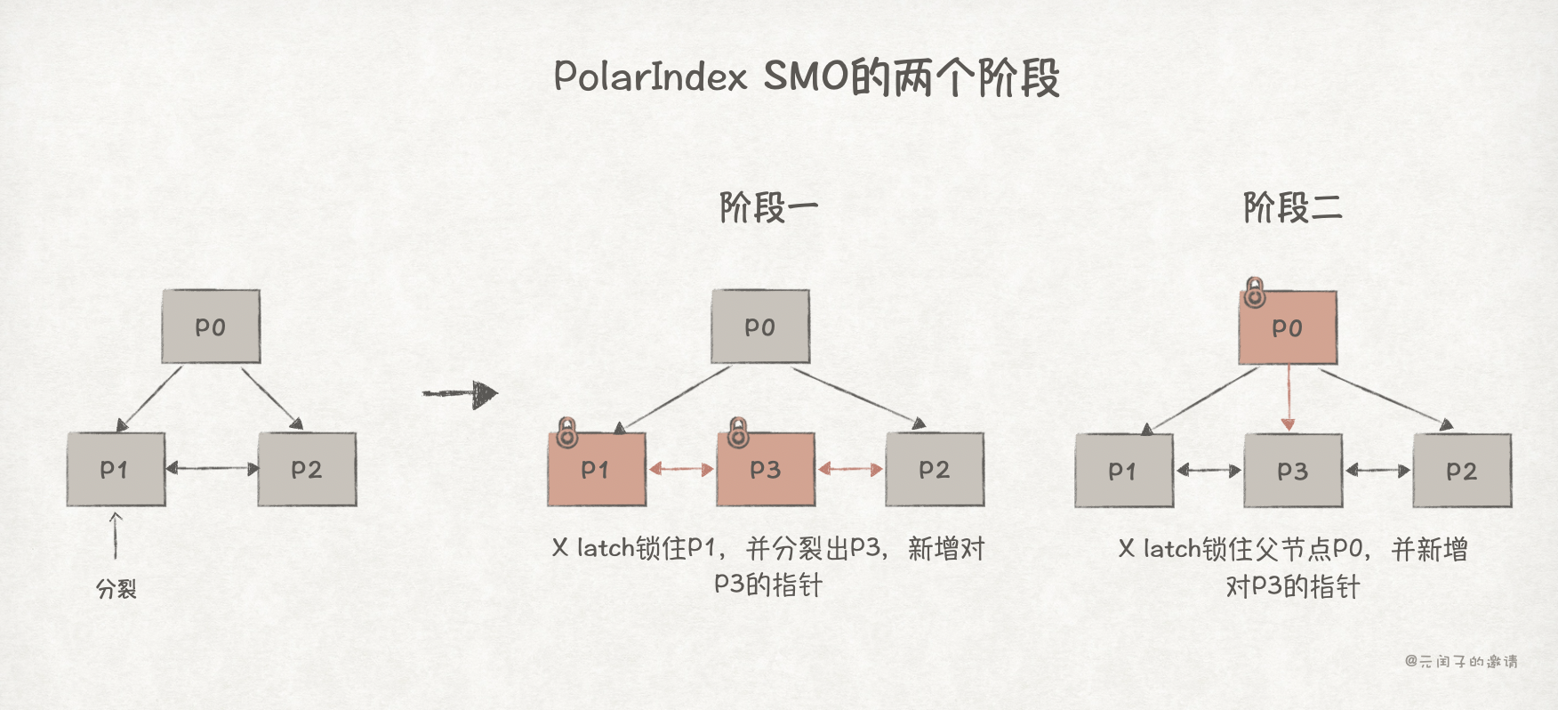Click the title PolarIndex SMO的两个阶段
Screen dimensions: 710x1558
(806, 77)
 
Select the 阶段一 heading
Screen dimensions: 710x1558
(768, 208)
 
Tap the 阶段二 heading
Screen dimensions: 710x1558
(1292, 208)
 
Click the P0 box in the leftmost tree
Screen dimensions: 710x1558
(211, 327)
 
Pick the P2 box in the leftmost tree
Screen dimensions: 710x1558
(307, 469)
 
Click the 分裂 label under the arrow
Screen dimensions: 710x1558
(116, 589)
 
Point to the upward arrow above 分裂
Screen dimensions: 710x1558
(116, 535)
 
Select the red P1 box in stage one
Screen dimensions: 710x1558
(596, 470)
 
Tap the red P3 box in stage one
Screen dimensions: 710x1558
(765, 470)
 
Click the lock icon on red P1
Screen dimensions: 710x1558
(566, 433)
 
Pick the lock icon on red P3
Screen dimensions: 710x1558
(737, 433)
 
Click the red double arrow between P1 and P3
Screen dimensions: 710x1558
(681, 469)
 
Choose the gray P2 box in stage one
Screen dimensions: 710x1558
(935, 470)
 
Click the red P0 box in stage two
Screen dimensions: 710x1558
(1288, 327)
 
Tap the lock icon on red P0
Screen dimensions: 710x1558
(1254, 292)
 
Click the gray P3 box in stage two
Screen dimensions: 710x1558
(1292, 471)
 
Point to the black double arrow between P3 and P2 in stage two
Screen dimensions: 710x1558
(1377, 470)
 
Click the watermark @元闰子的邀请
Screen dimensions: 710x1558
(1461, 661)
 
